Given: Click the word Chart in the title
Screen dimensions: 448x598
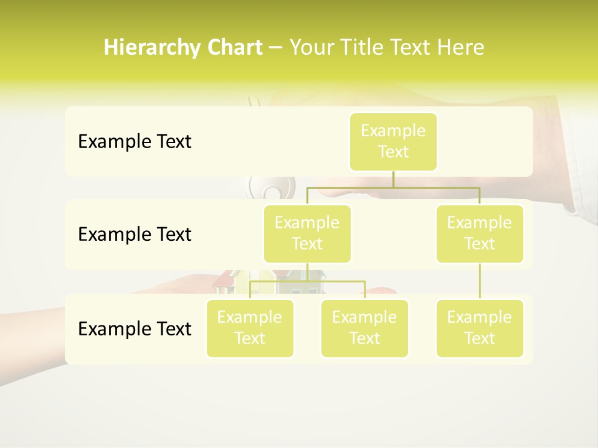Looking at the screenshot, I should point(234,48).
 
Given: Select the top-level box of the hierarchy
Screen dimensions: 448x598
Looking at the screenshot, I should point(393,141).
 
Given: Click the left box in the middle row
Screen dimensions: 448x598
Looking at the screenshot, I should point(307,233).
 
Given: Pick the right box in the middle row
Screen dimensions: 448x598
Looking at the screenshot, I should point(480,233).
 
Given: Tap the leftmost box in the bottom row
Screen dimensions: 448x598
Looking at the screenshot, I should point(250,328).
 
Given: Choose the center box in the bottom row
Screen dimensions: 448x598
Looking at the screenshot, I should point(364,328).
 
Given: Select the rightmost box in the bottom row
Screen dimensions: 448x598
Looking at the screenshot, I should point(480,328).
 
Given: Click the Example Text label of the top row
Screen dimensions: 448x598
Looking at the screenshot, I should point(135,142).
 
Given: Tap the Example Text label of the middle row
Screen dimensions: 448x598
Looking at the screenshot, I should point(135,235).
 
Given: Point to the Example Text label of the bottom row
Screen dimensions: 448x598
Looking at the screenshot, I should point(135,329).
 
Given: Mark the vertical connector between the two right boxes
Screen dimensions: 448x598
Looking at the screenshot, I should point(480,281).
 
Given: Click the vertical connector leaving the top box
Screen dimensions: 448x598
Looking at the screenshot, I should point(393,179).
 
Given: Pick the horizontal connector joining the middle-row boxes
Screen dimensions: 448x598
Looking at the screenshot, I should point(393,187).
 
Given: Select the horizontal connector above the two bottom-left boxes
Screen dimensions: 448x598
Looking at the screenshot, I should point(307,281).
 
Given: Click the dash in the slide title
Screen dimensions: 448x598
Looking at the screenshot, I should point(276,48).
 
